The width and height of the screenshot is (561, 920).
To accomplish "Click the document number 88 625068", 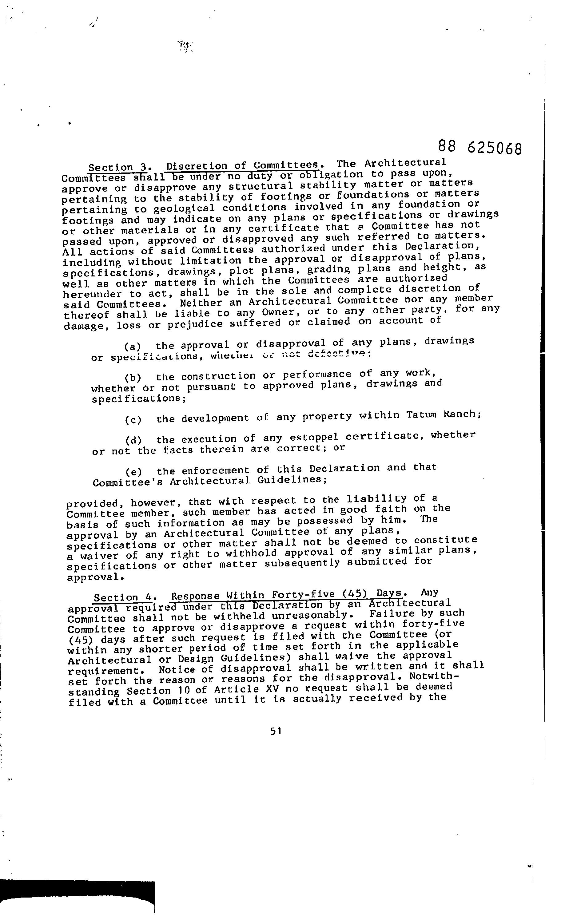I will tap(479, 147).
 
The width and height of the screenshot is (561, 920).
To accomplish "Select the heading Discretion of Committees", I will tap(243, 165).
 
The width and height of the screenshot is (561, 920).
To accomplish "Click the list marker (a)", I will tap(133, 347).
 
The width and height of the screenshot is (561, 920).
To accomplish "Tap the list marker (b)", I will tap(133, 378).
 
